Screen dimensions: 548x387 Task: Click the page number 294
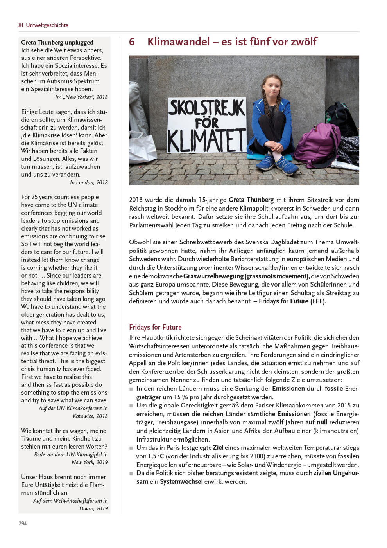tap(23, 523)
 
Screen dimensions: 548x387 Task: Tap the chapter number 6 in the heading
tap(132, 41)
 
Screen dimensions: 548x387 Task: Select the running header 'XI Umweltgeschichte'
tap(43, 25)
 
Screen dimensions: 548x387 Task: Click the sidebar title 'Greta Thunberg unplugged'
tap(57, 42)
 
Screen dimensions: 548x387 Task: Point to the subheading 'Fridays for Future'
tap(155, 327)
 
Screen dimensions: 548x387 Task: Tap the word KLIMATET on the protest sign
tap(207, 139)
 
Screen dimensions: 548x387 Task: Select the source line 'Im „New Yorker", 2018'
tap(81, 97)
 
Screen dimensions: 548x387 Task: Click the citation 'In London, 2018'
tap(89, 182)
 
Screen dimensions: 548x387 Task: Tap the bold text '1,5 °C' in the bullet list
tap(156, 456)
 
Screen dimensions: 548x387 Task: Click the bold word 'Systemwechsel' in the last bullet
tap(181, 481)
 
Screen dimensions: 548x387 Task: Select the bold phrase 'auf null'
tap(316, 422)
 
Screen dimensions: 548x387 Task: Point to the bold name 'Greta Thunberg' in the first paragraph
tap(251, 200)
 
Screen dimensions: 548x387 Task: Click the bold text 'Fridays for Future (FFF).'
tap(292, 301)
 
